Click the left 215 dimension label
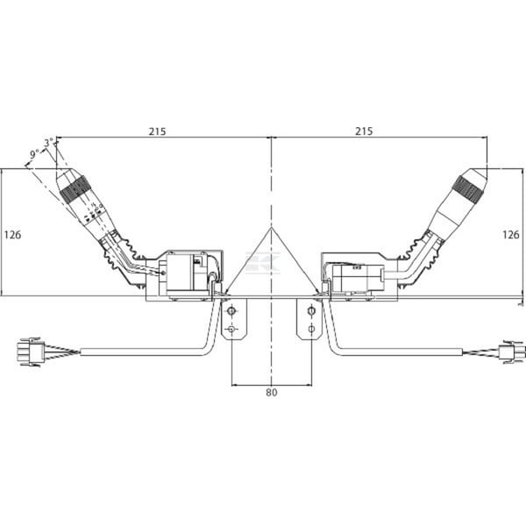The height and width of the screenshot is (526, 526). point(157,131)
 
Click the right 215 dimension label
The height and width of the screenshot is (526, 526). point(364,131)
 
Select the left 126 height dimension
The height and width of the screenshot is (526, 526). point(12,235)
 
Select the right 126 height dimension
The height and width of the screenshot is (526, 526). point(510,235)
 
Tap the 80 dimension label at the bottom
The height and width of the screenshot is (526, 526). point(272,392)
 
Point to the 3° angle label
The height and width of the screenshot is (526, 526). point(49,143)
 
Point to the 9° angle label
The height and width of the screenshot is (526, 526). point(34,154)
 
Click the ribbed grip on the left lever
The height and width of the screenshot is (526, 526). point(73,189)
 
